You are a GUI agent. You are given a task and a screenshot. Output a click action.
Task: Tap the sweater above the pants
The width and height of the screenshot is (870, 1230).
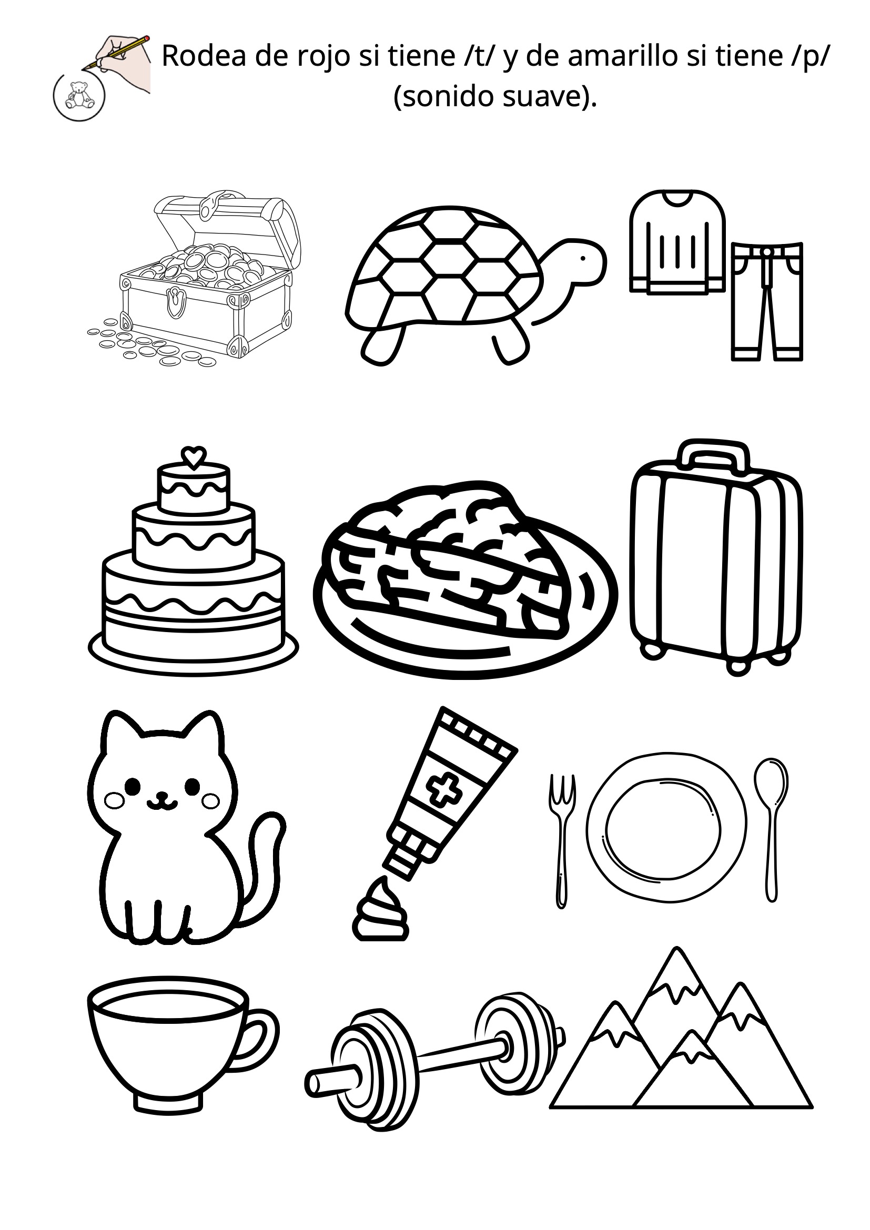[677, 242]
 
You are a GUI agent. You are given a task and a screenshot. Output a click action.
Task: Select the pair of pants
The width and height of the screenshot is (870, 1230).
[767, 301]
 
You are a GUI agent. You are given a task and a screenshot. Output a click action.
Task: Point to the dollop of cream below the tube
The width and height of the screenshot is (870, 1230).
[380, 910]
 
